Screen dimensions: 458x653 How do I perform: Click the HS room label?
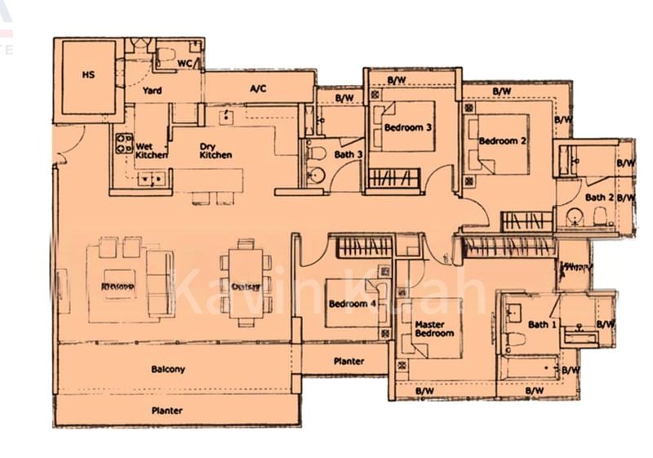88,74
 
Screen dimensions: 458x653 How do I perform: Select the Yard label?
152,91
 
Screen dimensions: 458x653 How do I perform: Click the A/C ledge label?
258,87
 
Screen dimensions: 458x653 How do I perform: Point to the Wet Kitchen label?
152,150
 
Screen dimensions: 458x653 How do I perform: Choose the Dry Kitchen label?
215,150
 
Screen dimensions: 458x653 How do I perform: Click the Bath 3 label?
348,154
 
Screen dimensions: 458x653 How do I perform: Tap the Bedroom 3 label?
407,127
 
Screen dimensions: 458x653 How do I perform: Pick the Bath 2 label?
599,197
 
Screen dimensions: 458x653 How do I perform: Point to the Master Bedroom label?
434,328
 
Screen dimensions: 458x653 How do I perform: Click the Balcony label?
168,369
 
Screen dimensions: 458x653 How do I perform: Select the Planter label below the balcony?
167,411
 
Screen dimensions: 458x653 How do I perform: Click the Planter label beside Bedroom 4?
349,360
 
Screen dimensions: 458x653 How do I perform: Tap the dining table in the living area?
241,282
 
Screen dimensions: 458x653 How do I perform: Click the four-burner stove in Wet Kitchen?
123,144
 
